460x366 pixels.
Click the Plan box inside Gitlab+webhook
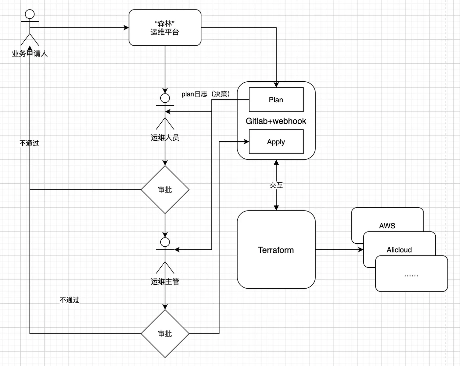pyautogui.click(x=276, y=100)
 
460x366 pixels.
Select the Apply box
pyautogui.click(x=276, y=142)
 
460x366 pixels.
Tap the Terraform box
pyautogui.click(x=276, y=250)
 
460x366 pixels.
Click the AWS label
pyautogui.click(x=387, y=226)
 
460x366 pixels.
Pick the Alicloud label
pyautogui.click(x=399, y=250)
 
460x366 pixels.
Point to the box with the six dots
pyautogui.click(x=411, y=275)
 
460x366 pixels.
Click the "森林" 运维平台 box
pyautogui.click(x=165, y=28)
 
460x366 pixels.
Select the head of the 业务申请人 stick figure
pyautogui.click(x=30, y=14)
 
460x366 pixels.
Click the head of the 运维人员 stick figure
pyautogui.click(x=165, y=98)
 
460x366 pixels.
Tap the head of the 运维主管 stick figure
pyautogui.click(x=165, y=242)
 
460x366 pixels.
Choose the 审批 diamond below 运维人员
pyautogui.click(x=165, y=190)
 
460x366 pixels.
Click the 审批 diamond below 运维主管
pyautogui.click(x=165, y=334)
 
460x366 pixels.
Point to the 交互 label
pyautogui.click(x=276, y=185)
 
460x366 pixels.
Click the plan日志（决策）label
pyautogui.click(x=206, y=94)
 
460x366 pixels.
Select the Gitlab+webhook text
pyautogui.click(x=276, y=121)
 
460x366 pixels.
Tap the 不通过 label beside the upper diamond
pyautogui.click(x=29, y=143)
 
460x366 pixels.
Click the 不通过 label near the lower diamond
pyautogui.click(x=69, y=300)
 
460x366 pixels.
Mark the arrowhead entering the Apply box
pyautogui.click(x=246, y=142)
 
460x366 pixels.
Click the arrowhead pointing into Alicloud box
pyautogui.click(x=361, y=250)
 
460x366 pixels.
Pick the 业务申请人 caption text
pyautogui.click(x=30, y=53)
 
